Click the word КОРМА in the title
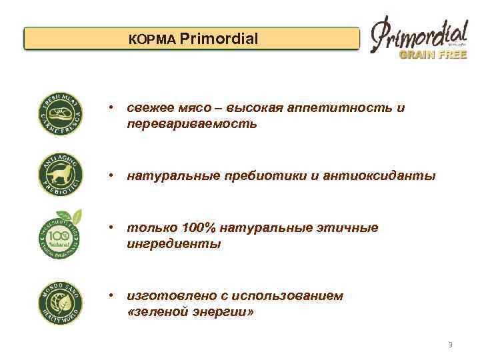tap(153, 40)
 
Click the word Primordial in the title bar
tap(219, 39)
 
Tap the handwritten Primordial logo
tap(418, 35)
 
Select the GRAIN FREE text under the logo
tap(431, 55)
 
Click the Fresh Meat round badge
tap(61, 114)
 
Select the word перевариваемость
tap(191, 124)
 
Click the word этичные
tap(347, 228)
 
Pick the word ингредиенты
tap(173, 244)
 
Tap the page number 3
tap(450, 345)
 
